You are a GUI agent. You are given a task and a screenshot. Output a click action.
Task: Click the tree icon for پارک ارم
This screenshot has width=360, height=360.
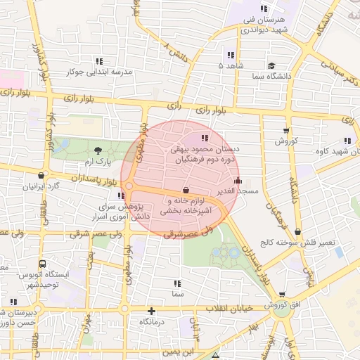(x=97, y=150)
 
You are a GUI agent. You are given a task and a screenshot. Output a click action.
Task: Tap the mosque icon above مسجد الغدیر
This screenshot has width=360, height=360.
(x=238, y=179)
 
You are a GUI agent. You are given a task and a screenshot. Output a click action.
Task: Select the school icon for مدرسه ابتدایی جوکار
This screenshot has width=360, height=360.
(x=99, y=60)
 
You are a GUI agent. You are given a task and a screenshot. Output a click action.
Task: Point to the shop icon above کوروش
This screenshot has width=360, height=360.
(x=286, y=130)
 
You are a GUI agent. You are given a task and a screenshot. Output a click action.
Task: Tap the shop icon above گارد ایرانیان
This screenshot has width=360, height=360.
(x=41, y=175)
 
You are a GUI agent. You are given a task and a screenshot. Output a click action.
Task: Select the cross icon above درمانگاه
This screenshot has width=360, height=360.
(x=151, y=310)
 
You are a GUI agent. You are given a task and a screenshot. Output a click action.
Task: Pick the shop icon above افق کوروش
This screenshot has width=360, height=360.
(x=282, y=295)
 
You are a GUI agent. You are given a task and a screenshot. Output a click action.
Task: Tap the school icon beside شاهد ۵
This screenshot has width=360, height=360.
(x=230, y=55)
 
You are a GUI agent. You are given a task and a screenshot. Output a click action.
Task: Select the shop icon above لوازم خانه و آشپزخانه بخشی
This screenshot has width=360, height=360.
(x=186, y=190)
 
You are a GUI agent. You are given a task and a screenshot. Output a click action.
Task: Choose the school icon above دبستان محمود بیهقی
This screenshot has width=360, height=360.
(x=205, y=138)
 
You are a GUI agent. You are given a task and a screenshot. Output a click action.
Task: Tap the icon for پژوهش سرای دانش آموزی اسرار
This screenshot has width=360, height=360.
(x=122, y=196)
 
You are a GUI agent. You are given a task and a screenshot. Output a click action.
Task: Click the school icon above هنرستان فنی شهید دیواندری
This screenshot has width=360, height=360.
(x=264, y=8)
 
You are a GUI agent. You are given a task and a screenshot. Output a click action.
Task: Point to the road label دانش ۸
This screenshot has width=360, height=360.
(x=176, y=51)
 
